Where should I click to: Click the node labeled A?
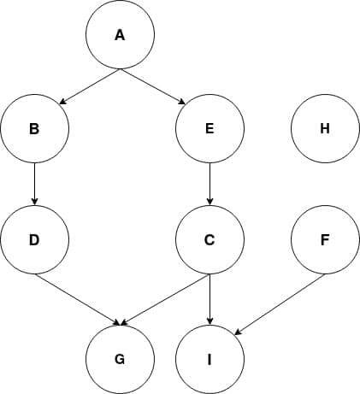(x=120, y=34)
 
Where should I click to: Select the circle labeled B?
(x=34, y=128)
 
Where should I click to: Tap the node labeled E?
(x=210, y=128)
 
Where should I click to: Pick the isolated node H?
(x=325, y=128)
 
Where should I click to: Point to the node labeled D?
(x=34, y=239)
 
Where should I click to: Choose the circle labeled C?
(x=210, y=239)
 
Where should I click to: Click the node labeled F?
(x=325, y=239)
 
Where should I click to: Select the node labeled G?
(x=120, y=360)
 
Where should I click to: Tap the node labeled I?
(x=210, y=360)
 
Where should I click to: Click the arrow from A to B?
(x=90, y=86)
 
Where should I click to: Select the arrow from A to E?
(x=152, y=86)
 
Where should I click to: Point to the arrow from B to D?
(x=34, y=184)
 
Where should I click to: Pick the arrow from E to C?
(x=210, y=184)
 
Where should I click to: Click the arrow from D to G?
(x=77, y=299)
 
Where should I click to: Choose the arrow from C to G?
(x=165, y=299)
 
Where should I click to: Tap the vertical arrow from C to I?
(x=210, y=299)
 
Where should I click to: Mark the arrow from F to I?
(x=280, y=304)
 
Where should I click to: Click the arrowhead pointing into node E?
(x=182, y=102)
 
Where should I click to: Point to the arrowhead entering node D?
(x=34, y=202)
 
